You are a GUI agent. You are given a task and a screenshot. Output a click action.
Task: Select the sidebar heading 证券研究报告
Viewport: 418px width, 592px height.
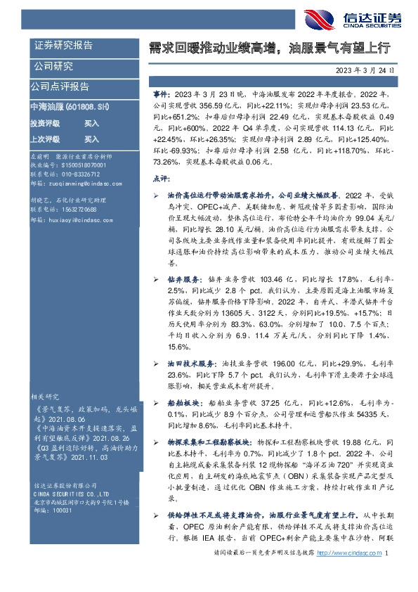64,46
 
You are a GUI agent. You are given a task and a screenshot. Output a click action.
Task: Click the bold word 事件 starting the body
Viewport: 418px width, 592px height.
161,94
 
